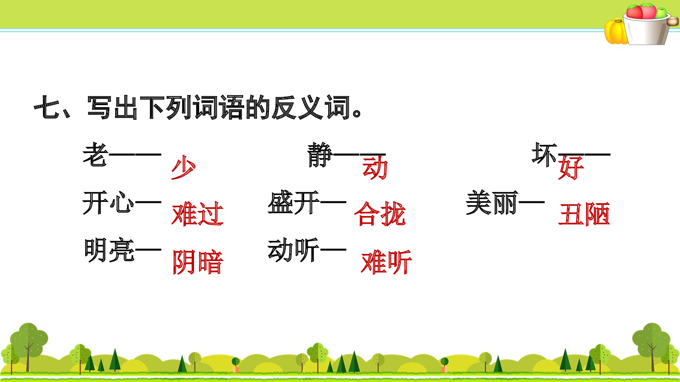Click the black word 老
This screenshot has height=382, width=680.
pyautogui.click(x=95, y=155)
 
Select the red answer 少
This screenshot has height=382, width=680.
pyautogui.click(x=184, y=167)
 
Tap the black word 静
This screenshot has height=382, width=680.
pyautogui.click(x=320, y=155)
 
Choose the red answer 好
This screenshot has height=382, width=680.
pyautogui.click(x=571, y=167)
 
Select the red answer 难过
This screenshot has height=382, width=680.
pyautogui.click(x=198, y=214)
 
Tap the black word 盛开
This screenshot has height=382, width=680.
pyautogui.click(x=294, y=202)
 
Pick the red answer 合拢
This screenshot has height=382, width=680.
pyautogui.click(x=380, y=214)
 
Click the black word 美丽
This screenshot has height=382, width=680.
pyautogui.click(x=492, y=202)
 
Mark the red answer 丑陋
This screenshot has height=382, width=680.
pyautogui.click(x=584, y=214)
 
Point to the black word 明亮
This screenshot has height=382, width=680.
pyautogui.click(x=110, y=250)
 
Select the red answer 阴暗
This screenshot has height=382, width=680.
pyautogui.click(x=198, y=262)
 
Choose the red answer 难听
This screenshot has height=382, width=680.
pyautogui.click(x=386, y=262)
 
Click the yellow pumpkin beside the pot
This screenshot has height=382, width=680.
pyautogui.click(x=615, y=32)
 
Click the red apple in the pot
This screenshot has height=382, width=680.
pyautogui.click(x=635, y=12)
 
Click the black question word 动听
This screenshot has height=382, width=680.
pyautogui.click(x=294, y=250)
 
